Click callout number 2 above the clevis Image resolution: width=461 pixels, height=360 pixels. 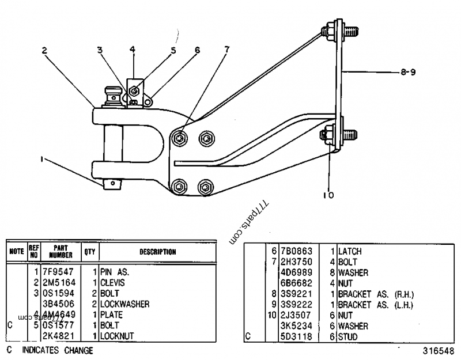coord(44,50)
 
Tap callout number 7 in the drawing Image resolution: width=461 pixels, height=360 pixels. coord(226,50)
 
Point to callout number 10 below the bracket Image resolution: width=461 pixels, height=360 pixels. coord(328,195)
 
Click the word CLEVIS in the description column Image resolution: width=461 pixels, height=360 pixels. coord(113,283)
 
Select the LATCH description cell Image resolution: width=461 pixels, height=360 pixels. coord(350,252)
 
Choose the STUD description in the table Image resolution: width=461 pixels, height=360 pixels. coord(348,336)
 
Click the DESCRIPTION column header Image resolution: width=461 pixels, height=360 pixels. coord(157,252)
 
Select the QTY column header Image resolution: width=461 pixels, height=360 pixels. coord(90,252)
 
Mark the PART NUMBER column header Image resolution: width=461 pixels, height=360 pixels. coord(61,252)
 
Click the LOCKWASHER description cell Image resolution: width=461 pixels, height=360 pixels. coord(124,304)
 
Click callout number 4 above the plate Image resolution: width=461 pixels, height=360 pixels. coord(133,50)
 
